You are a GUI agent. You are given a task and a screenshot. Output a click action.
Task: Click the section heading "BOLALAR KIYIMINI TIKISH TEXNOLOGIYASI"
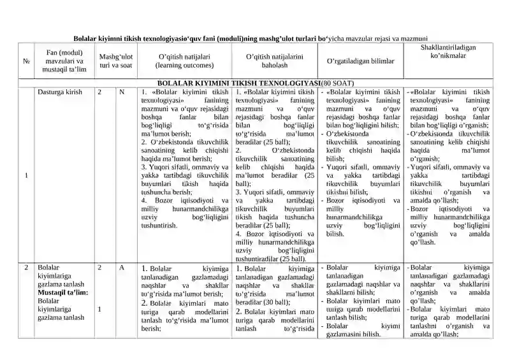238,83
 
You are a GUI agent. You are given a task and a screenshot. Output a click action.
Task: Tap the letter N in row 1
121,92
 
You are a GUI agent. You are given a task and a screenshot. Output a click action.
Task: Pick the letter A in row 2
121,268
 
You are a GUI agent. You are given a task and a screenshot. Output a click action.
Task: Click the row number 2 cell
26,268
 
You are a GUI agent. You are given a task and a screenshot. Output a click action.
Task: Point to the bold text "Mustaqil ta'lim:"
62,292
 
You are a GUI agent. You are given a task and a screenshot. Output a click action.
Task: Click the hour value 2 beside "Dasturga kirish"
100,92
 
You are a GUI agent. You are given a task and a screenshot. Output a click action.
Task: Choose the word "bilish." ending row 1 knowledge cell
335,234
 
